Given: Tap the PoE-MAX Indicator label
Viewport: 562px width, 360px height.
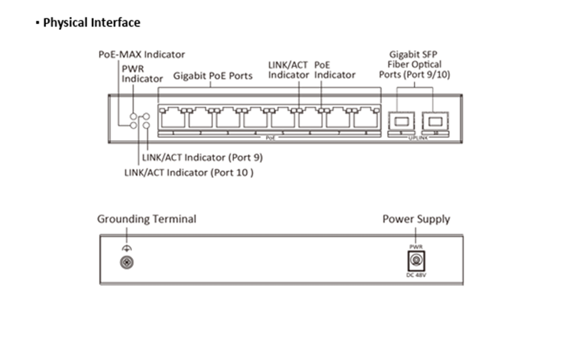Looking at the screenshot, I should (x=142, y=55).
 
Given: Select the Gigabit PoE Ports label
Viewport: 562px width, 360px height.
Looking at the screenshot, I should (x=212, y=75).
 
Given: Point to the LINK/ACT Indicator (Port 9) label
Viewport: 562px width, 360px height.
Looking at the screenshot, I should (x=202, y=157).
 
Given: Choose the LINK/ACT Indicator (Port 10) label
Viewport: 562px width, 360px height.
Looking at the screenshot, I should (x=189, y=173).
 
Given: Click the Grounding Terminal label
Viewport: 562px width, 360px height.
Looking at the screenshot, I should (x=147, y=219).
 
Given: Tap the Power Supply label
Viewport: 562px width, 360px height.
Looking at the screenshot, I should (x=416, y=219).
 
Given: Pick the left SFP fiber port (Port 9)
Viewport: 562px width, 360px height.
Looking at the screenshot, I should (x=401, y=120).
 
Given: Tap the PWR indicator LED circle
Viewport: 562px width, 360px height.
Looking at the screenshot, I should (x=134, y=116).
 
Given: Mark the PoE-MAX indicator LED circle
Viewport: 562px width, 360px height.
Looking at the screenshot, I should (x=134, y=125).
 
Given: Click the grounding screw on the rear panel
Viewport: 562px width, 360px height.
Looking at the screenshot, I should (x=126, y=262).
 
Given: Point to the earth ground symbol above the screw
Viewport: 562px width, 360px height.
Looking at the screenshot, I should (x=126, y=248).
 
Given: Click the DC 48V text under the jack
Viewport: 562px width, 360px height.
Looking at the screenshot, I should (x=416, y=274).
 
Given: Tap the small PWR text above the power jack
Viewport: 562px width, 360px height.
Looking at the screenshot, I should (x=416, y=247).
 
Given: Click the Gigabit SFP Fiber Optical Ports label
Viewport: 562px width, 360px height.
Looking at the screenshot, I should (x=415, y=64).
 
